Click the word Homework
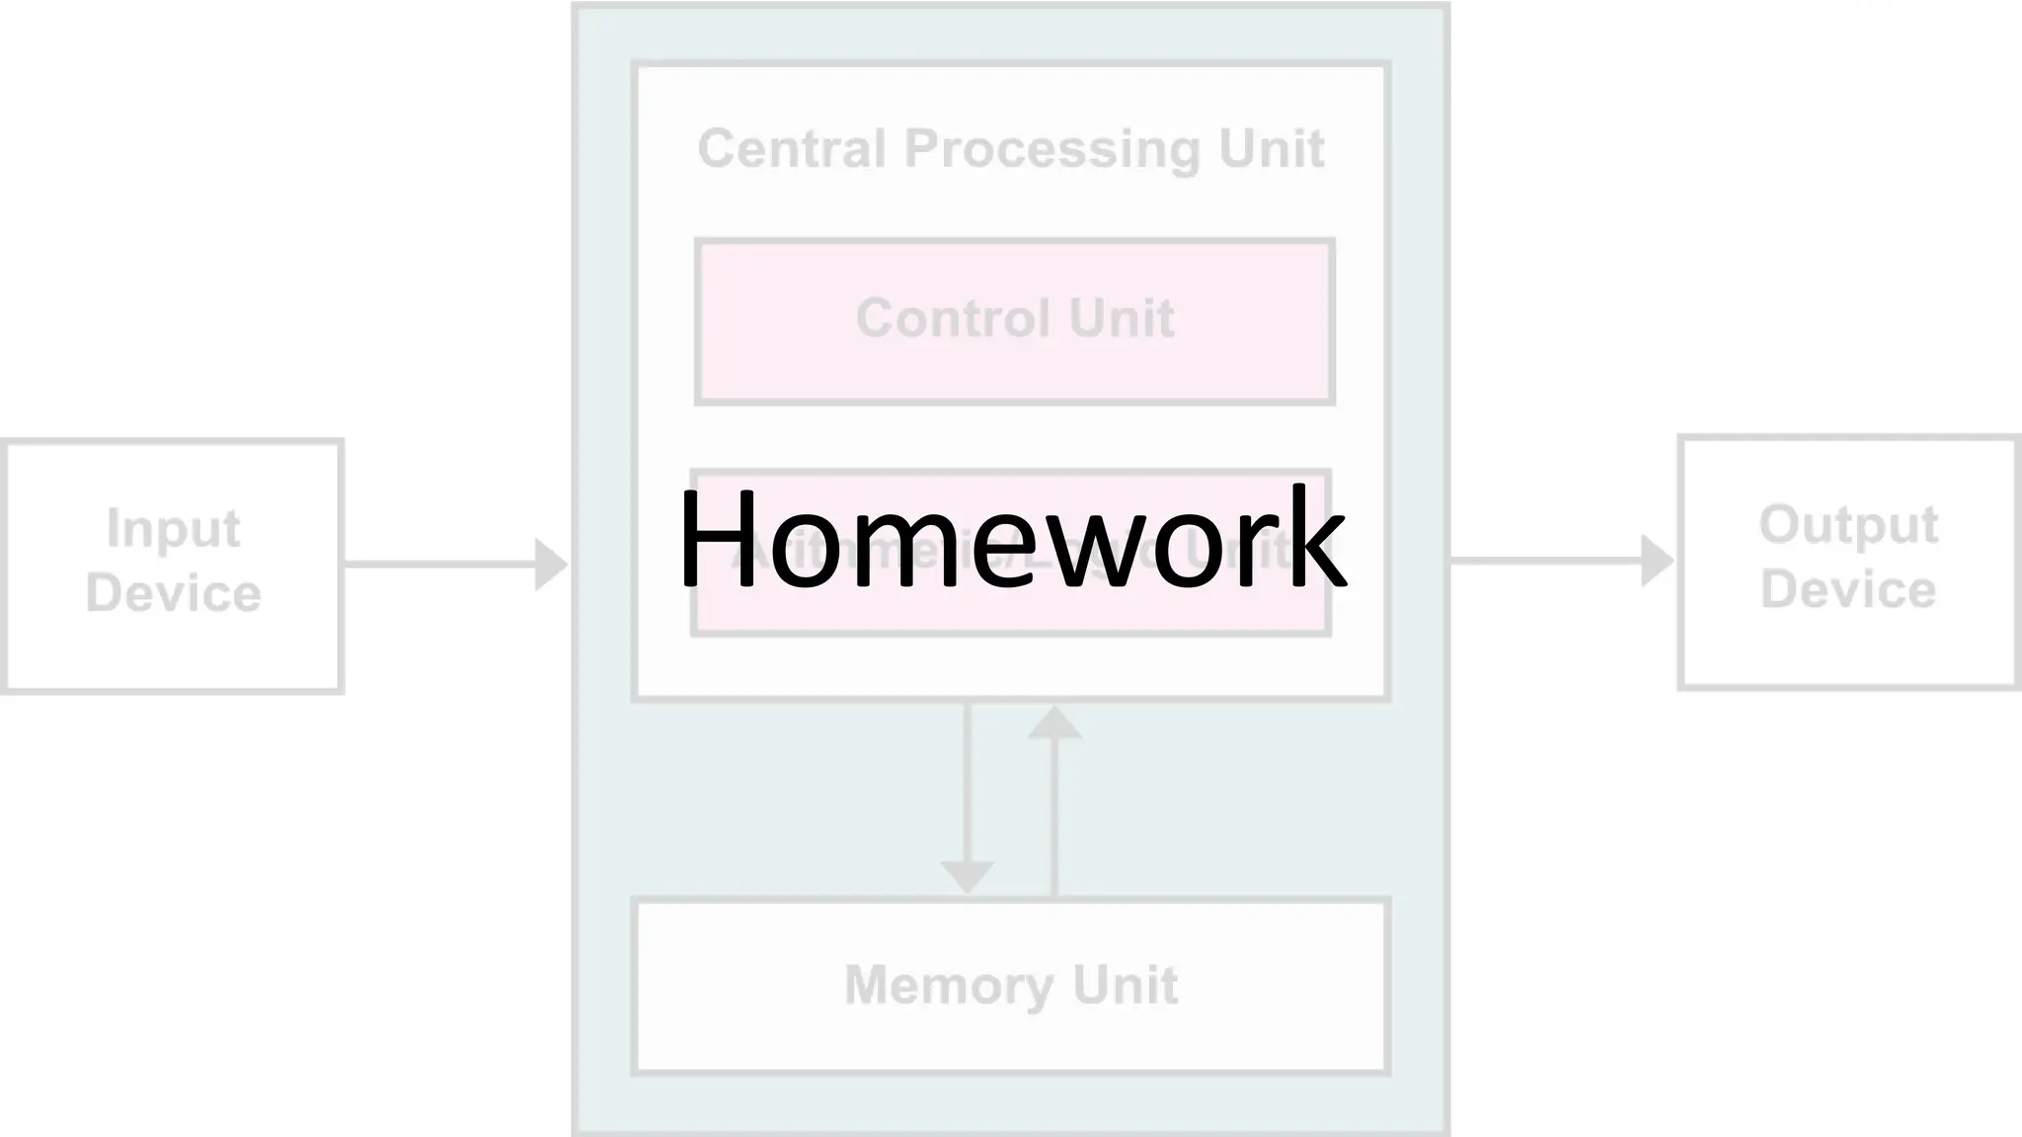point(1011,539)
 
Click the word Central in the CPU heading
point(792,149)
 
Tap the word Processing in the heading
point(1052,151)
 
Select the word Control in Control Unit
point(953,318)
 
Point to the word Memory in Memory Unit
point(950,985)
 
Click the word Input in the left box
point(173,529)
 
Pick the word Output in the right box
point(1848,525)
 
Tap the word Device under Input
point(173,593)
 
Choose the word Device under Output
point(1848,589)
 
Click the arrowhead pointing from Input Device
point(550,565)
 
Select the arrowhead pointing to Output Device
point(1656,561)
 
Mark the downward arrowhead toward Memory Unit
point(967,876)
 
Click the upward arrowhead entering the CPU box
point(1054,723)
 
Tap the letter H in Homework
point(717,539)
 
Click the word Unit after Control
point(1122,318)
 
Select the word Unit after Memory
point(1126,985)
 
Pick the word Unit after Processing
point(1272,149)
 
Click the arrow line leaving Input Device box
point(439,565)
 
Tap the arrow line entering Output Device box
point(1545,561)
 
